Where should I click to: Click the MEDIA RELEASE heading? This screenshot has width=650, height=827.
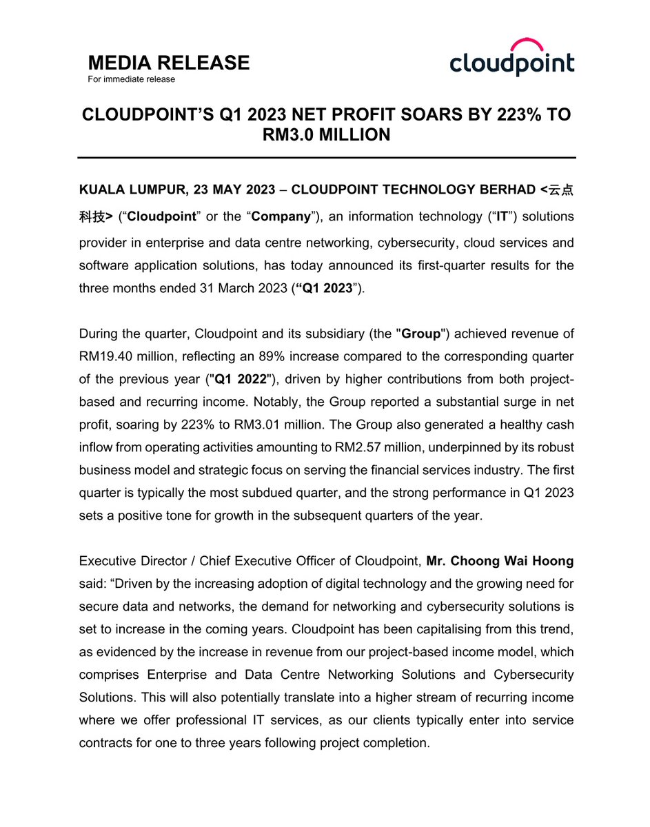tap(169, 63)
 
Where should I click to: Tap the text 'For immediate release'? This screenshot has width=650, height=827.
tap(131, 79)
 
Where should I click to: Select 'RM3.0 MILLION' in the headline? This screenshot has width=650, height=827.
tap(326, 135)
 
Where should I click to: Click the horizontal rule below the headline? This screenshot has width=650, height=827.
tap(326, 159)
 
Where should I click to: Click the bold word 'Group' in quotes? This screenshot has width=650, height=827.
tap(420, 334)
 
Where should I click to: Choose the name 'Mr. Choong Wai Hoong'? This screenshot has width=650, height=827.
tap(499, 561)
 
